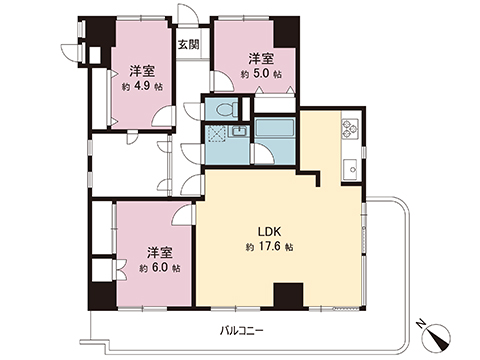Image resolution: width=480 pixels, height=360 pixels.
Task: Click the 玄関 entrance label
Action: coord(188,45)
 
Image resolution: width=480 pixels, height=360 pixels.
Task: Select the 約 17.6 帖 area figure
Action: coord(267,246)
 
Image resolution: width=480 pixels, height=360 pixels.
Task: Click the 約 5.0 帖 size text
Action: coord(262,73)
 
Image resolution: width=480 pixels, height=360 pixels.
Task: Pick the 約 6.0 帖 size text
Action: coord(159,267)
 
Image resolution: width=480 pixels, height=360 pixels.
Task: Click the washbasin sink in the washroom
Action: coord(240,132)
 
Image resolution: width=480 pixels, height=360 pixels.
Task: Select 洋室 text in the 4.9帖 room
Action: coord(141,71)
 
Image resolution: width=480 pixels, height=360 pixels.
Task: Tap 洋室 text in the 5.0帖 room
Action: coord(262,58)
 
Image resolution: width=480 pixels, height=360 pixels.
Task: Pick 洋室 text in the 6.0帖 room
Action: coord(159,252)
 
